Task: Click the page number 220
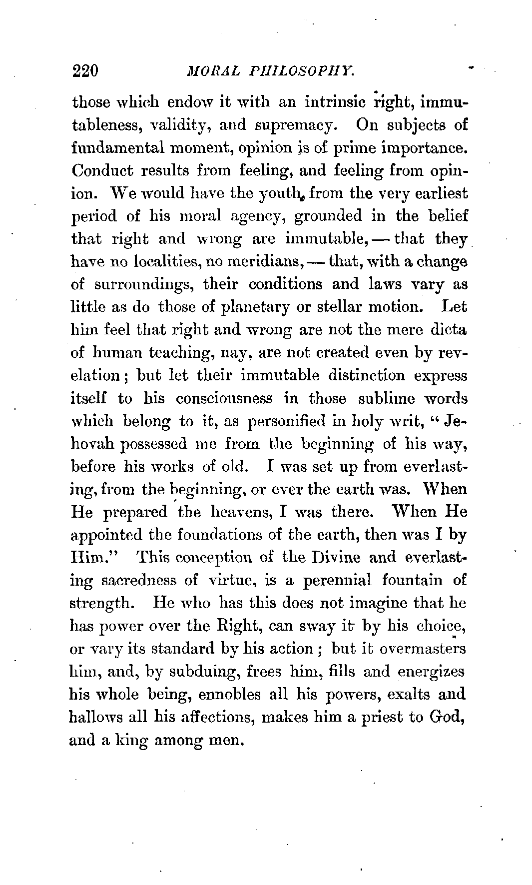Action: pos(86,70)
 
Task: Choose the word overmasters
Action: pos(423,649)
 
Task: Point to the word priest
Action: pos(364,718)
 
